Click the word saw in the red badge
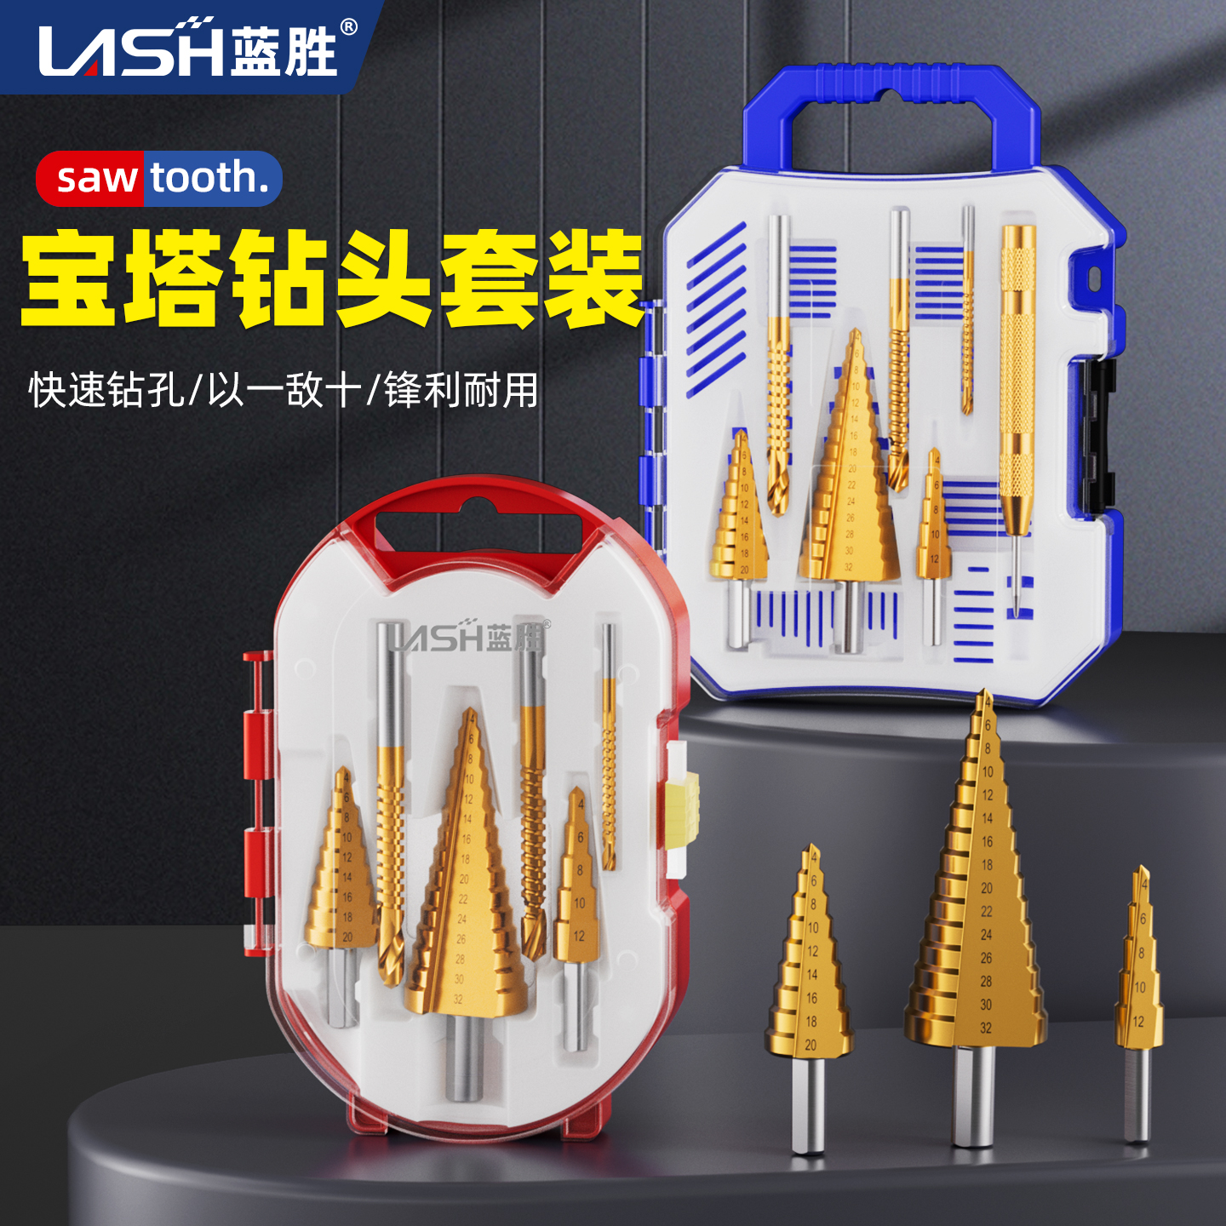[96, 179]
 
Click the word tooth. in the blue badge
[209, 178]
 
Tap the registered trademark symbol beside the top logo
[348, 27]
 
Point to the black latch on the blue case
[1098, 434]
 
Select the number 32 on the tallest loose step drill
[986, 1028]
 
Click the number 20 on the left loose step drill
[811, 1045]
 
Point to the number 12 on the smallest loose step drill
[1138, 1021]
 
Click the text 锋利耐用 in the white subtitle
[461, 391]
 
